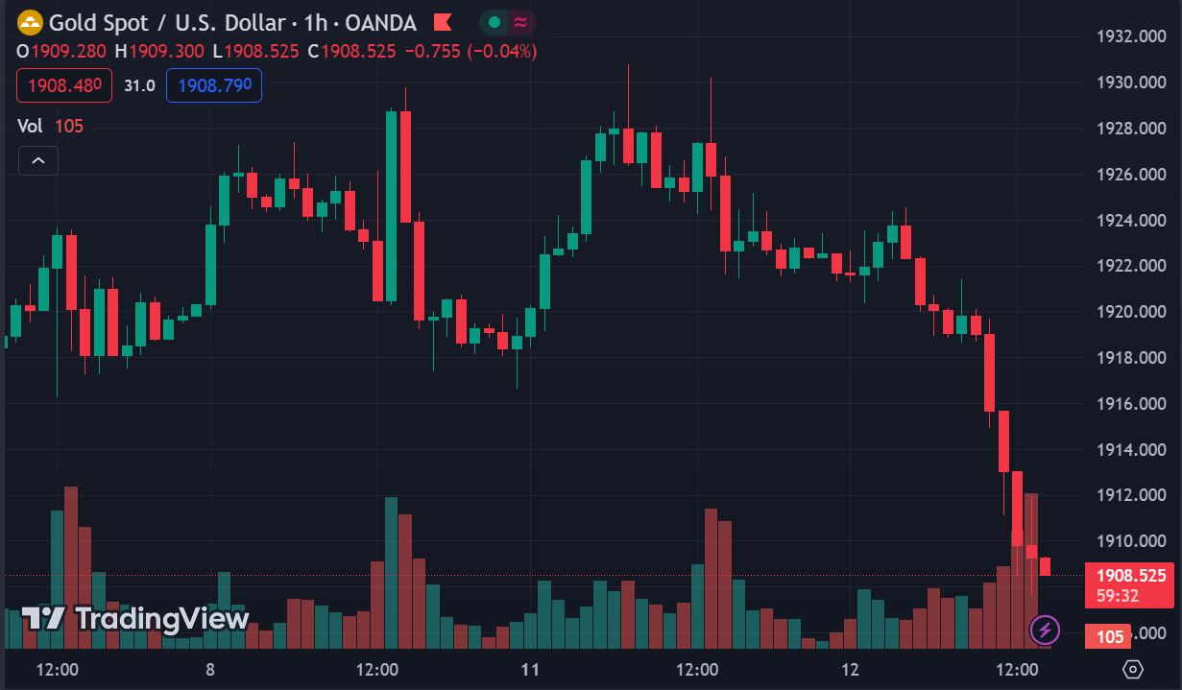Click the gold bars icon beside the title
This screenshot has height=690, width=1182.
[x=31, y=22]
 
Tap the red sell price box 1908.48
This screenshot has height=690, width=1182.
[x=64, y=85]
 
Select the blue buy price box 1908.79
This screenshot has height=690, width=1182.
[x=214, y=85]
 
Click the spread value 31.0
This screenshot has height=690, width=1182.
[x=139, y=85]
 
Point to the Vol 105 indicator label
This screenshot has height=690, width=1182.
[x=51, y=126]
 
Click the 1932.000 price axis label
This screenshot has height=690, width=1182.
[x=1130, y=36]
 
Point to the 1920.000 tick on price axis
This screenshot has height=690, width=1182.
[x=1130, y=312]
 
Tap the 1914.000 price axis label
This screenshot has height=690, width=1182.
[x=1130, y=449]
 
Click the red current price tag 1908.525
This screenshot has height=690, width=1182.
[x=1131, y=576]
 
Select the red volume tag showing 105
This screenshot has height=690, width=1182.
[x=1109, y=636]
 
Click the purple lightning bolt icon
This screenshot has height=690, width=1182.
[x=1045, y=630]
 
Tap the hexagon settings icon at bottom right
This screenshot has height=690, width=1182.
[x=1133, y=669]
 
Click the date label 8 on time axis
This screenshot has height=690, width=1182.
[x=209, y=669]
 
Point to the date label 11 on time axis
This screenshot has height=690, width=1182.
[x=529, y=669]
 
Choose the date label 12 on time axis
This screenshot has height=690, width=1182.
[x=849, y=669]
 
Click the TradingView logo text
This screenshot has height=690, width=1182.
[x=136, y=619]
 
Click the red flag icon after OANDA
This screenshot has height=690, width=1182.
[x=443, y=22]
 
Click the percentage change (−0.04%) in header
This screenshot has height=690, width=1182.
[x=502, y=51]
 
